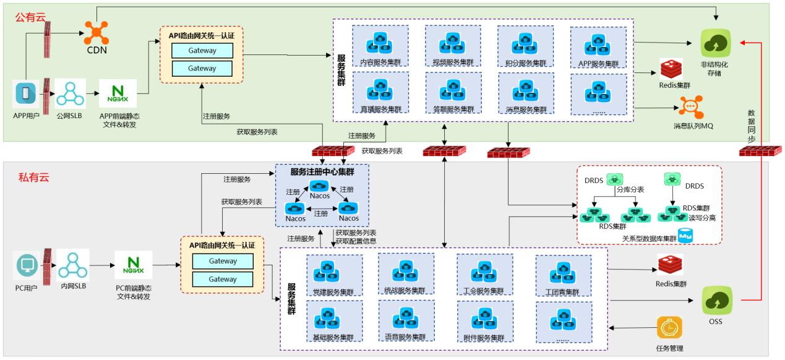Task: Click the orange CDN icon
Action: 97,32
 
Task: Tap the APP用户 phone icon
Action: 26,95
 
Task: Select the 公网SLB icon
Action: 71,93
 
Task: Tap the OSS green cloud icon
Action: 715,301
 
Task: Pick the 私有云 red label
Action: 33,178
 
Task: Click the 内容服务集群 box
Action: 380,45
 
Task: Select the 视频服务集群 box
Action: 453,45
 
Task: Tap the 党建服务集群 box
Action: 334,275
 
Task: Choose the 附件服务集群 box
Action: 484,321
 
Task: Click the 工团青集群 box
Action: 563,275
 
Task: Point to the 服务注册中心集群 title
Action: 322,171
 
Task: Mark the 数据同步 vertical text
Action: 751,126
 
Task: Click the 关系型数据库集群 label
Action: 649,238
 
